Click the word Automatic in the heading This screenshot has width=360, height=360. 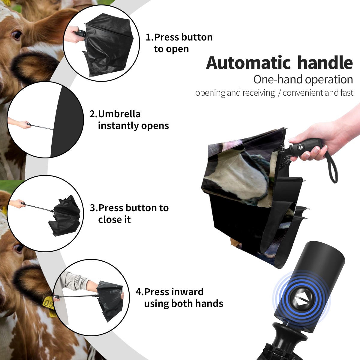tap(248, 63)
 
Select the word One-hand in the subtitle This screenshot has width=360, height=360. tap(278, 79)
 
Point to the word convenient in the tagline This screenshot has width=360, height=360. tap(302, 92)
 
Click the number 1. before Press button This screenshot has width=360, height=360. tap(149, 37)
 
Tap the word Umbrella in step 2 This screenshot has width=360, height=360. tap(119, 114)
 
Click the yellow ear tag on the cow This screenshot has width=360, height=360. tap(48, 304)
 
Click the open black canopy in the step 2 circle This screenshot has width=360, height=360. tap(66, 121)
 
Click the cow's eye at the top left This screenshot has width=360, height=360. tap(16, 34)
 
